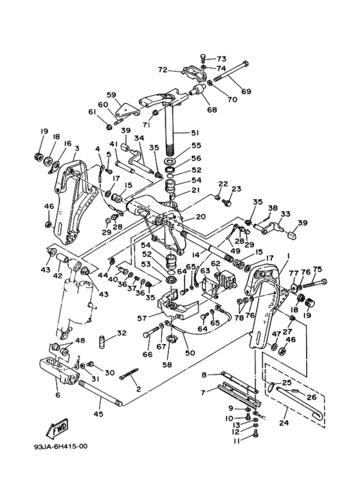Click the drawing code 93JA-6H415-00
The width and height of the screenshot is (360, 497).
click(61, 447)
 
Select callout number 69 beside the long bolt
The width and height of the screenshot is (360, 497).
click(246, 91)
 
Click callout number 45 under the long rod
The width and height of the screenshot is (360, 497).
click(98, 414)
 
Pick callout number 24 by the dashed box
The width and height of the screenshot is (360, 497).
click(283, 422)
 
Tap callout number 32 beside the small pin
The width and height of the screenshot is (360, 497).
click(122, 333)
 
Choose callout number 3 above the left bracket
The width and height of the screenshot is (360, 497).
click(76, 149)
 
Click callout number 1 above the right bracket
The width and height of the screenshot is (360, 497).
click(289, 255)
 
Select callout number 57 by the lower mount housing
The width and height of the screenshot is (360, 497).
click(142, 318)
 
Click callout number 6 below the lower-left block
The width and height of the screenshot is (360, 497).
click(57, 395)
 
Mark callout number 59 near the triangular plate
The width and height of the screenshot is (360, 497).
click(111, 95)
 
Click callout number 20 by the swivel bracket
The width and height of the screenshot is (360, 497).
click(201, 217)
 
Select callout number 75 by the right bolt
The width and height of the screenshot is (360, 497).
click(317, 269)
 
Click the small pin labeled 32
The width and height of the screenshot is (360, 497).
click(102, 342)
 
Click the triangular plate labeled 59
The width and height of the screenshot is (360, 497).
click(127, 111)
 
